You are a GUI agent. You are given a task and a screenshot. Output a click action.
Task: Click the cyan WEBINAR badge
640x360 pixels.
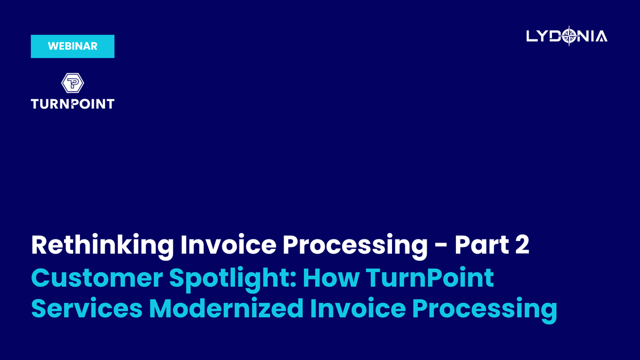pos(73,46)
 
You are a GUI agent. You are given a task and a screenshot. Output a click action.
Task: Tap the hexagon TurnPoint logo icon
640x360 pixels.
pos(73,83)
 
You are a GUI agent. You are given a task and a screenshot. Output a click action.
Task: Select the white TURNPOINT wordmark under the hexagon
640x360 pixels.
pos(73,104)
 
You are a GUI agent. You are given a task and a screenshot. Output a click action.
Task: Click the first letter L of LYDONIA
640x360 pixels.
pos(531,36)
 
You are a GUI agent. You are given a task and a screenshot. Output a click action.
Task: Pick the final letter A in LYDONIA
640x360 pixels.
pos(601,36)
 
